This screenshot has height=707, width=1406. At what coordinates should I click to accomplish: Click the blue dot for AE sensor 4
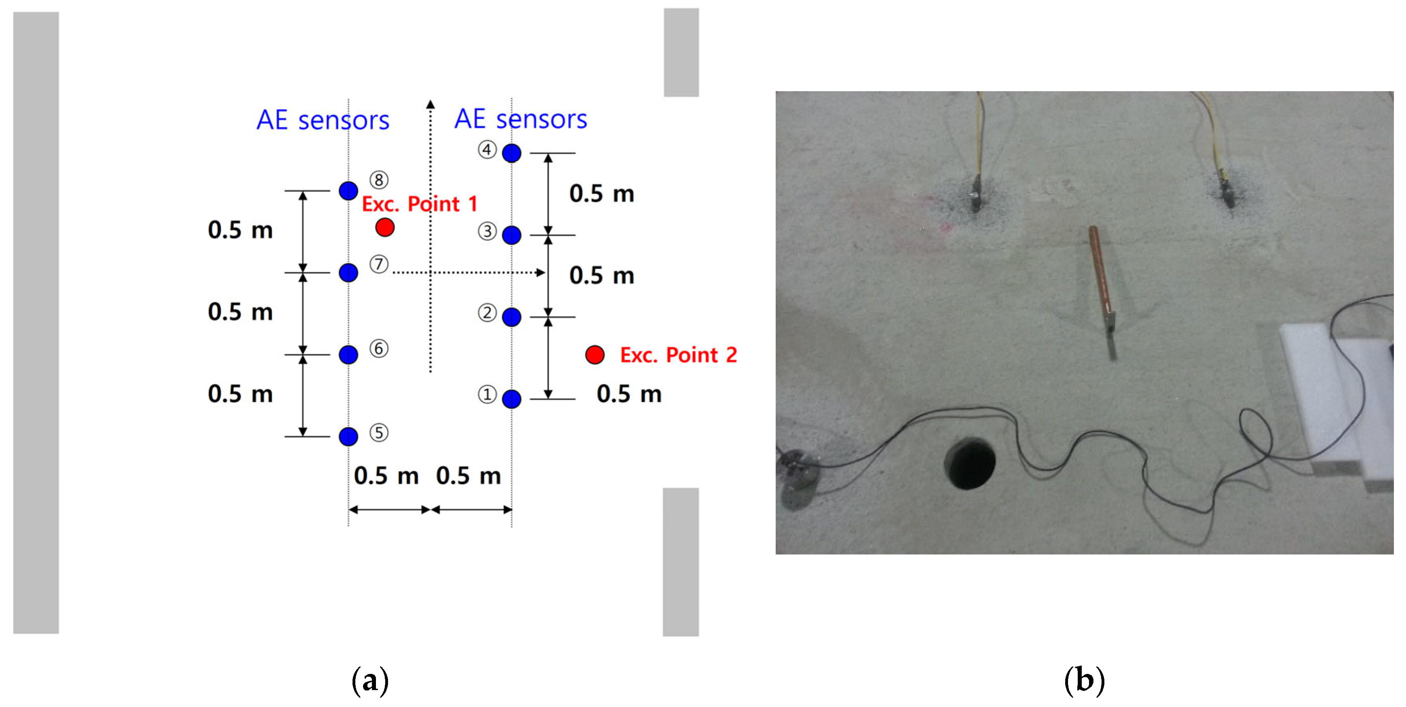click(x=512, y=153)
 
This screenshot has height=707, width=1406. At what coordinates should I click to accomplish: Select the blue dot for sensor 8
click(x=348, y=191)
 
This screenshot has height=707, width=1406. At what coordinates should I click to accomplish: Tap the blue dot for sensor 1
click(x=512, y=399)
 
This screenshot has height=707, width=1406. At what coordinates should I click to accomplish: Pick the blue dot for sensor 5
click(x=348, y=436)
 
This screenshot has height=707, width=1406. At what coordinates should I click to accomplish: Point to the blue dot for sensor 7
click(x=348, y=272)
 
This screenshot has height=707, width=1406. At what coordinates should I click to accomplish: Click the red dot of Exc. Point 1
click(x=385, y=227)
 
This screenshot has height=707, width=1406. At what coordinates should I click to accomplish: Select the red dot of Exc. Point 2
click(x=594, y=355)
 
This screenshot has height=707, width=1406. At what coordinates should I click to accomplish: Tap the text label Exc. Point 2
click(x=678, y=355)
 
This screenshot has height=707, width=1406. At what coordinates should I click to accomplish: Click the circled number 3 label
click(x=487, y=231)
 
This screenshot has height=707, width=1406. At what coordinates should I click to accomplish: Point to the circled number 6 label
click(x=379, y=349)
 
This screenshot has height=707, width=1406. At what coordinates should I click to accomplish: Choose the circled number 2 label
click(x=487, y=313)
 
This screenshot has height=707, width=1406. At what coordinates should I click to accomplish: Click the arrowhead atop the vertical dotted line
click(x=430, y=104)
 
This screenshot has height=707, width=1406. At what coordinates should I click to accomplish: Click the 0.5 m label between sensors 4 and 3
click(x=602, y=194)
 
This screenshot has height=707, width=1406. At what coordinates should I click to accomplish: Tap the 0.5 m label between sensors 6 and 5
click(x=240, y=394)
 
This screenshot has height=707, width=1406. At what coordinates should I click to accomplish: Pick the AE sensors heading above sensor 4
click(x=521, y=119)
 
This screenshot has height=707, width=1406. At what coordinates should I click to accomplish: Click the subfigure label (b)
click(x=1084, y=680)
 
